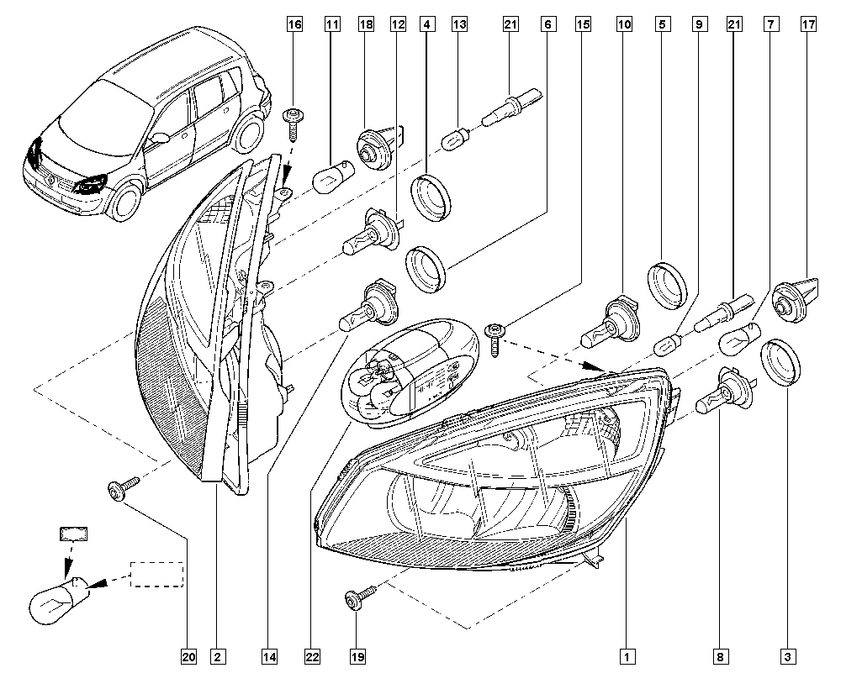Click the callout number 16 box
pos(294,26)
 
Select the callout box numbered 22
pos(310,656)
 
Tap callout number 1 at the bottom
pos(625,656)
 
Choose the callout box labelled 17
pos(808,26)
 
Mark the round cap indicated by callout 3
pos(780,364)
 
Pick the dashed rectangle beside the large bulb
pos(157,574)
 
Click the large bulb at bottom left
pos(57,598)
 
